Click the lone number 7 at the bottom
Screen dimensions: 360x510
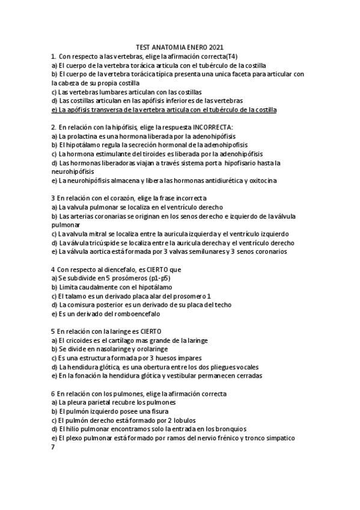tap(53, 447)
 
